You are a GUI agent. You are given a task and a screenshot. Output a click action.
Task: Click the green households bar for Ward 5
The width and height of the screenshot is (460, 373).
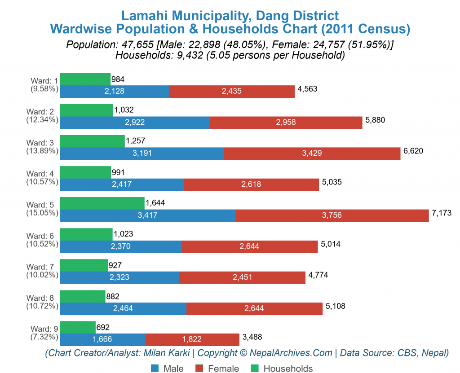point(102,203)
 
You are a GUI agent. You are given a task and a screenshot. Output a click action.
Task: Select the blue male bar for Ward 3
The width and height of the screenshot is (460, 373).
point(142,154)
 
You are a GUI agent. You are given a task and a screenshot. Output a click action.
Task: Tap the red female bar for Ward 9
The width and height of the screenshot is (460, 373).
point(192,340)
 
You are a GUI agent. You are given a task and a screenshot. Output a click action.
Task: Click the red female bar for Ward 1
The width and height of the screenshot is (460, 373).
point(232,91)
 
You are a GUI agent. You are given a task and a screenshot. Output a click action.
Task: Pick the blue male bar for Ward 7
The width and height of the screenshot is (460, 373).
point(119,277)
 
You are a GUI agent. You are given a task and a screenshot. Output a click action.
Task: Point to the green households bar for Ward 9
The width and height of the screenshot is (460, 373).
point(78,327)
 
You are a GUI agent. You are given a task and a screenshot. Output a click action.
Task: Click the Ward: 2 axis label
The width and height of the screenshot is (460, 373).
point(42,112)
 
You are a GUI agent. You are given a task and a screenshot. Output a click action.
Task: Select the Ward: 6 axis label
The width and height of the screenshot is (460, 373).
point(42,236)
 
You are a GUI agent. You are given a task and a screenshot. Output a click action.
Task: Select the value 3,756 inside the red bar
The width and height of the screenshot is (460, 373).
point(332,215)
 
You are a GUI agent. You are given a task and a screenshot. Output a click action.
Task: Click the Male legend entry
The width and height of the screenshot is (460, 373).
point(167,369)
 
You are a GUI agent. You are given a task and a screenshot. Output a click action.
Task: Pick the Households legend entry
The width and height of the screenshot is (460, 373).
point(281,369)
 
